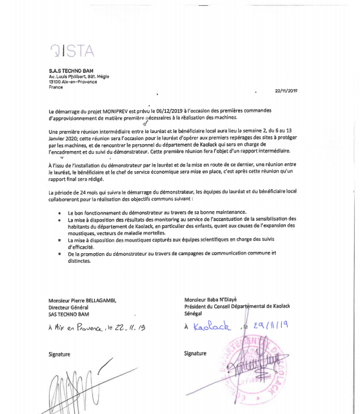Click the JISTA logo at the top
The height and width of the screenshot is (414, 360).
(72, 50)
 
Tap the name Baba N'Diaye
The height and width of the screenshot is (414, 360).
(221, 299)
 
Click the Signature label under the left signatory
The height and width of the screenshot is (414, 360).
(59, 354)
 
